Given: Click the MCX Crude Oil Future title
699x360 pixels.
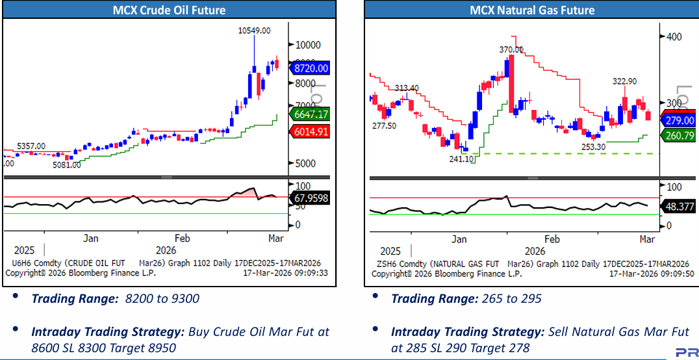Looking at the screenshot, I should pos(169,10).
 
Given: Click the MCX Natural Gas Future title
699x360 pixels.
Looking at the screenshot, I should pos(532,10).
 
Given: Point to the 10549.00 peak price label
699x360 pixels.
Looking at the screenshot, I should pos(254,30).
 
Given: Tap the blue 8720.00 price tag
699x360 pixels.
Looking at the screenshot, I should pos(311,68).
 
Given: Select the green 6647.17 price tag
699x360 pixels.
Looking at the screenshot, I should pos(311,114).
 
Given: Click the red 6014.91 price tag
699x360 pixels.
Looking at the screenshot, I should pos(311,132).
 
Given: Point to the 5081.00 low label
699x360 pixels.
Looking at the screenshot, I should pos(67,164).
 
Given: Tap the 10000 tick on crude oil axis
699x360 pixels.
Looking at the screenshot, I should pos(309,45).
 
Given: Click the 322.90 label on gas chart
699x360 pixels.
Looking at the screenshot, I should pos(624,81).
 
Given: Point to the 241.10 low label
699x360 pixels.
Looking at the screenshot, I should pos(461,159).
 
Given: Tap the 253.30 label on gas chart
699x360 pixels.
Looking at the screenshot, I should pos(592,148).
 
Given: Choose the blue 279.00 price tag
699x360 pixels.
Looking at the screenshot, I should pos(679,121).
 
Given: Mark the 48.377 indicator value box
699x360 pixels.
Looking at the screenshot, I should pos(679,207).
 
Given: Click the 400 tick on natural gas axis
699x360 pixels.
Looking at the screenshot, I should pos(674,36).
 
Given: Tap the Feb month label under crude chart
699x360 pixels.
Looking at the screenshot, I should pos(183,238).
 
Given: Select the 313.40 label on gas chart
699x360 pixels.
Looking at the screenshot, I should pos(407,88).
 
